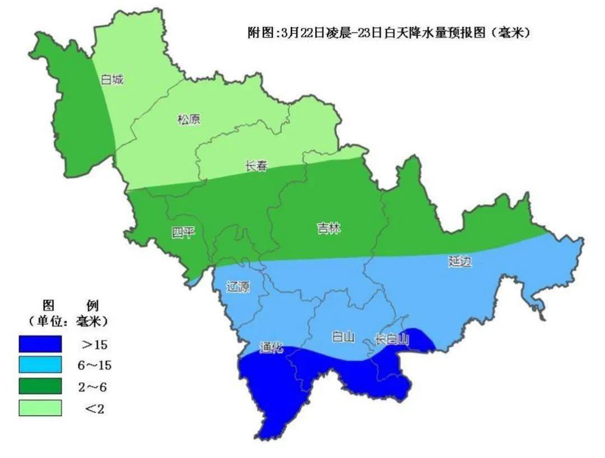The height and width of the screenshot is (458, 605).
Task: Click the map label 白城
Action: coord(111,80)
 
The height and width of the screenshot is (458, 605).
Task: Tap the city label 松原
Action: coord(189,119)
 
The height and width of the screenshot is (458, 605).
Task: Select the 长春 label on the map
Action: coord(256,166)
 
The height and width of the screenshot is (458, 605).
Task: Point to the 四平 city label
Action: coord(183,232)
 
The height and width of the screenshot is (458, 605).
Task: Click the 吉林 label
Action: coord(329,228)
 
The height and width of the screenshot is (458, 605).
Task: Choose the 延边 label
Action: coord(460,261)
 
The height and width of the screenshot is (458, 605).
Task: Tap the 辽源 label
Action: coord(238,287)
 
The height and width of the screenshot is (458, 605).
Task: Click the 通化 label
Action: coord(272,348)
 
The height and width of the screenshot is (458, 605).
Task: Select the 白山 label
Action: coord(343,337)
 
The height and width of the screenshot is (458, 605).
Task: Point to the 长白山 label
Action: coord(393,339)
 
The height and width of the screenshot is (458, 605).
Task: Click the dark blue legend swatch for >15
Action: coord(40,344)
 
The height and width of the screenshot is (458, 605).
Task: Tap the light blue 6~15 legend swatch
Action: coord(40,365)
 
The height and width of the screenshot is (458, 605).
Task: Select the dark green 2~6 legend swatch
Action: coord(40,387)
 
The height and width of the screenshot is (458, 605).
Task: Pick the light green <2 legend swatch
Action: coord(40,408)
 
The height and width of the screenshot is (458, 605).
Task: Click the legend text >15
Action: coord(95,344)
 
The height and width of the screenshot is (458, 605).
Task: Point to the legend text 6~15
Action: coord(95,366)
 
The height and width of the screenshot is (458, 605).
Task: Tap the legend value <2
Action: coord(95,409)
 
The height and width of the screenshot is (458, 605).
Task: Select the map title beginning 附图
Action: coord(389,33)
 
